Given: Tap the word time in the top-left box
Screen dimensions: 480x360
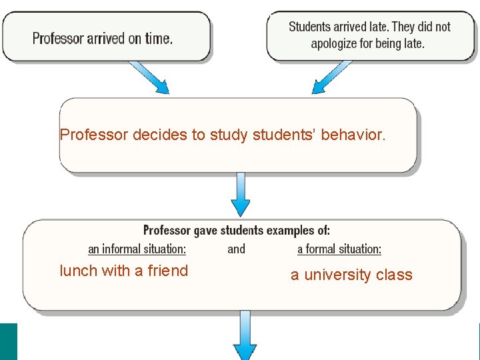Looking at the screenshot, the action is click(x=158, y=38).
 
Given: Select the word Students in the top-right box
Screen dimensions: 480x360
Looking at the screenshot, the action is click(x=310, y=27).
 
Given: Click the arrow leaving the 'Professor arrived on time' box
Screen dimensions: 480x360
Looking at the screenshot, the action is click(x=149, y=77).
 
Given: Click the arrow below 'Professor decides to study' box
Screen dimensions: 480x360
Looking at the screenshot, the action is click(x=241, y=194).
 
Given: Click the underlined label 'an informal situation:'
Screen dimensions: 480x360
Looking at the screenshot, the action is click(x=137, y=249).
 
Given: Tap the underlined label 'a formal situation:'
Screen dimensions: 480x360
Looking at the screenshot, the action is click(x=339, y=249).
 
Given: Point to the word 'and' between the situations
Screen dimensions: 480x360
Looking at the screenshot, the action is click(x=236, y=249).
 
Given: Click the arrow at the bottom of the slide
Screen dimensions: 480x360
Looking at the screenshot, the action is click(x=245, y=337).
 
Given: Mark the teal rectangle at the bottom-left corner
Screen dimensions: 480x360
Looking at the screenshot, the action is click(x=9, y=341).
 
